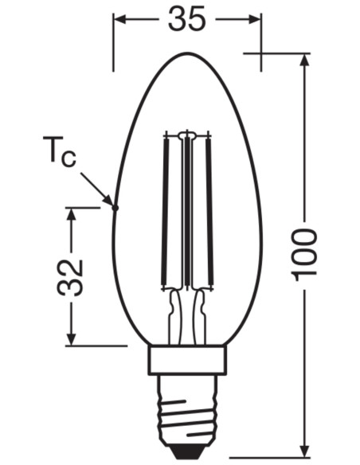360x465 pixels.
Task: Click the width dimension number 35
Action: click(x=186, y=18)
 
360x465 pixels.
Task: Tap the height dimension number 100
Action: click(x=305, y=253)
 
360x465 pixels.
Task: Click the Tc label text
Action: click(x=61, y=153)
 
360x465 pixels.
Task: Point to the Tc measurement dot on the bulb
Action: click(x=115, y=208)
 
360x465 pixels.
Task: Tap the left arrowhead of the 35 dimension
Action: click(x=119, y=18)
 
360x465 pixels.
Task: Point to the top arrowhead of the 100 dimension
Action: click(x=305, y=59)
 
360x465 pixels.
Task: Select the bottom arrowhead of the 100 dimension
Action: click(x=305, y=451)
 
